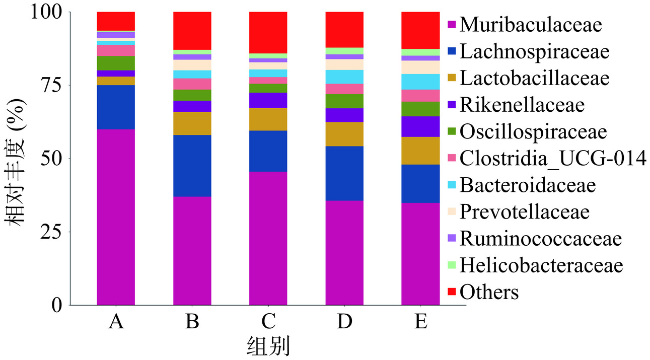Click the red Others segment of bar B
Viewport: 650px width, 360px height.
192,31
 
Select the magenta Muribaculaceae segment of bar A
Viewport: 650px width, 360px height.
116,217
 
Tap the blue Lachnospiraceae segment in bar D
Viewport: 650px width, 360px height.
344,173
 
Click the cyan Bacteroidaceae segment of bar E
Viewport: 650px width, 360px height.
420,82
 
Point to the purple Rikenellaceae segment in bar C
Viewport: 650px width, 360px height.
268,100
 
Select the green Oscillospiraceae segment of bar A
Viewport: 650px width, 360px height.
116,63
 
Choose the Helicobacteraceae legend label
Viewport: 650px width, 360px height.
541,265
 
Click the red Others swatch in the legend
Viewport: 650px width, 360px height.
452,292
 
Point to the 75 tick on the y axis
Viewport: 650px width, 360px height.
51,85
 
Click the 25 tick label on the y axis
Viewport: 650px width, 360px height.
51,232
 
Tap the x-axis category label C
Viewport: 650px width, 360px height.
268,321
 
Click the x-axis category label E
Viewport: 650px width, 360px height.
420,321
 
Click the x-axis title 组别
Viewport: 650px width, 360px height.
268,346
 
